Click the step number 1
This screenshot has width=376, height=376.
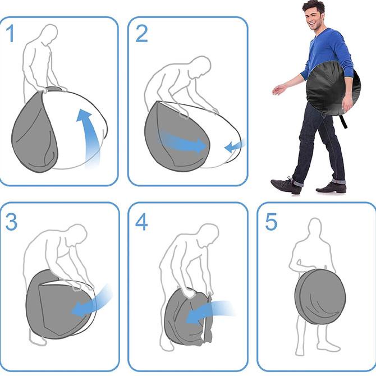click(10, 34)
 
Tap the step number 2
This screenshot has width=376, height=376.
click(141, 34)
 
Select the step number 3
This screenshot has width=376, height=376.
click(11, 222)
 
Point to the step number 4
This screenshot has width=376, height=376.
click(141, 222)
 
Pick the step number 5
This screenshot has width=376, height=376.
click(271, 222)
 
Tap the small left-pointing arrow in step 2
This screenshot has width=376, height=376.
click(235, 145)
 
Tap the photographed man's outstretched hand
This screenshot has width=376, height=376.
click(279, 90)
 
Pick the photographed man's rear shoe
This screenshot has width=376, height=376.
click(332, 187)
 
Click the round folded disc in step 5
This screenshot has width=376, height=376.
click(320, 296)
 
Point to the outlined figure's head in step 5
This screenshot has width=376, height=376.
click(315, 228)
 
